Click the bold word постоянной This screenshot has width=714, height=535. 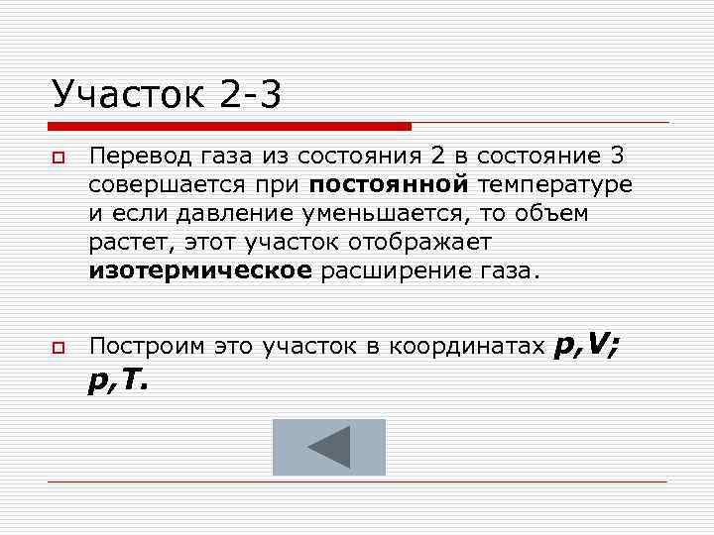coord(389,184)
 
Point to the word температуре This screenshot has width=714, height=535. coord(554,184)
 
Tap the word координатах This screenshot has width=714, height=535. coord(466,346)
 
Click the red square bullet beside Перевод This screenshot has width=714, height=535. coord(59,159)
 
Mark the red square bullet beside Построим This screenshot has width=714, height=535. coord(59,348)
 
